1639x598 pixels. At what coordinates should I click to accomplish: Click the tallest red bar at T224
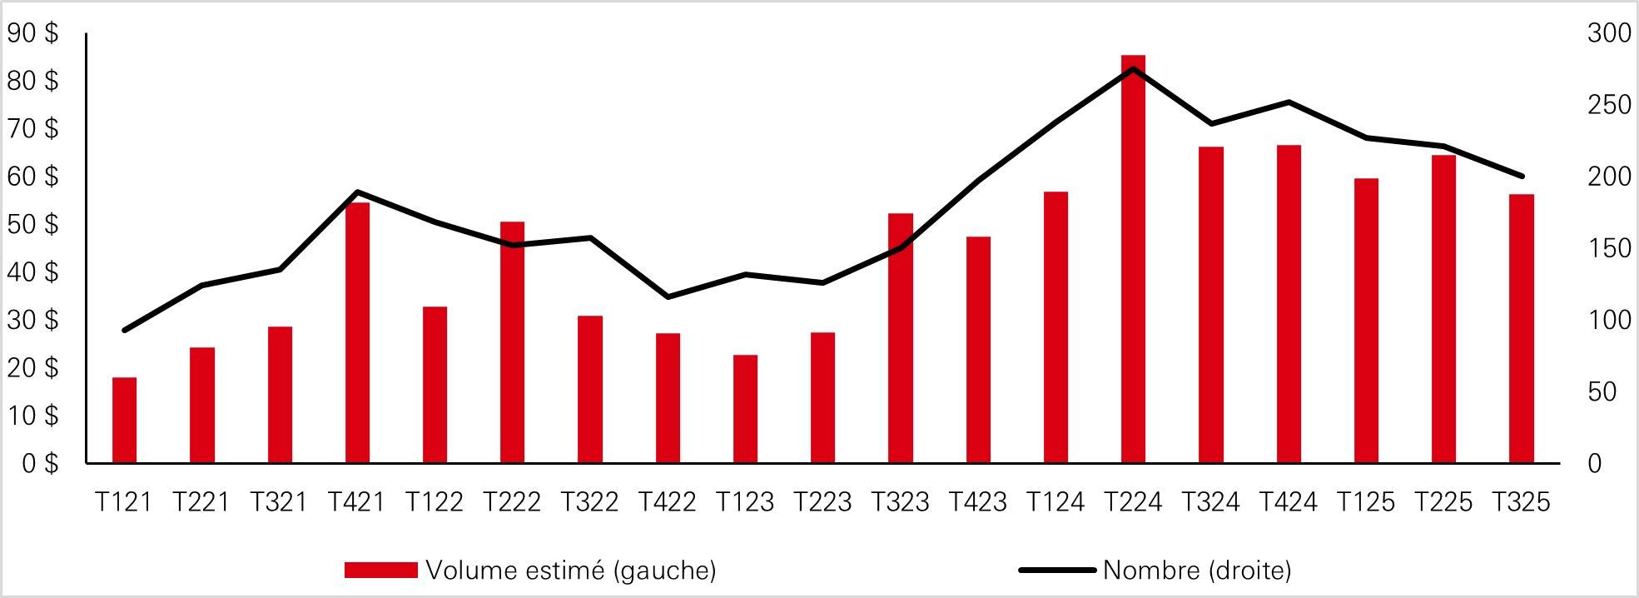click(x=1133, y=258)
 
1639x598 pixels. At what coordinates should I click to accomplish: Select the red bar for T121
click(x=124, y=421)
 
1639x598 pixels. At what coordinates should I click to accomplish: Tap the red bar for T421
click(x=357, y=333)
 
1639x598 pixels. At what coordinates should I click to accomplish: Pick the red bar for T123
click(x=745, y=408)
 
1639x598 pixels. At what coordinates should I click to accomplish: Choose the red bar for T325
click(x=1521, y=329)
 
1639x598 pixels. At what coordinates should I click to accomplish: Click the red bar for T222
click(x=512, y=341)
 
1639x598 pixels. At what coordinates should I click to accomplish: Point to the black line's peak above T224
click(x=1134, y=68)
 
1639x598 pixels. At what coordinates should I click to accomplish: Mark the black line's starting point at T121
click(x=124, y=331)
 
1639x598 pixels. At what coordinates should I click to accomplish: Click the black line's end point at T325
click(x=1522, y=176)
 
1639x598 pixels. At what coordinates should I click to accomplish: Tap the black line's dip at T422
click(x=668, y=297)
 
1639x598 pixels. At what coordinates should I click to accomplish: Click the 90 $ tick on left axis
click(x=33, y=33)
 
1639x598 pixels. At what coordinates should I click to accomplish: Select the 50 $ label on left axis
click(x=33, y=224)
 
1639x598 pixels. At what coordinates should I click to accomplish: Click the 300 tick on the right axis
click(x=1608, y=33)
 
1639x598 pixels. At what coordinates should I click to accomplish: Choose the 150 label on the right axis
click(x=1608, y=248)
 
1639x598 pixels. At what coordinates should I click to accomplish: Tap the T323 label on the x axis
click(x=900, y=502)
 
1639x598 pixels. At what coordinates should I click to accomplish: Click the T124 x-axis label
click(x=1055, y=502)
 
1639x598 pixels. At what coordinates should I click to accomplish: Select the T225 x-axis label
click(x=1443, y=502)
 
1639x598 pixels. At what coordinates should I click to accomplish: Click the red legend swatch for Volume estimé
click(x=380, y=570)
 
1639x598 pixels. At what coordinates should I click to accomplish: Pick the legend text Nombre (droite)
click(x=1196, y=571)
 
